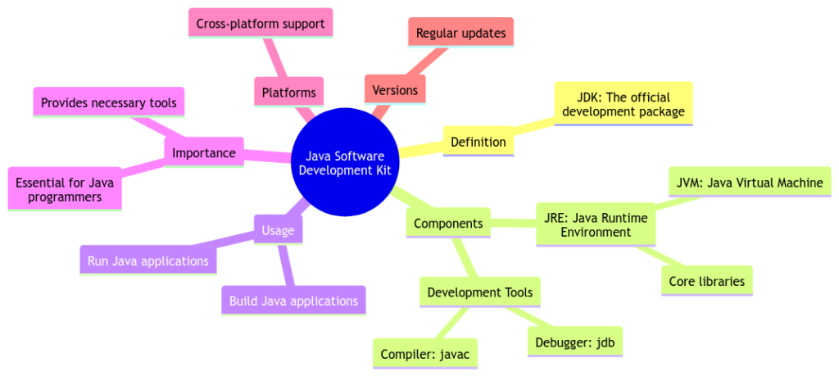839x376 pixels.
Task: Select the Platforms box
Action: click(x=288, y=93)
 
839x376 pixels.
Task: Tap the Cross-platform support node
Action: click(x=260, y=24)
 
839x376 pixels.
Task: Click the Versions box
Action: click(x=395, y=90)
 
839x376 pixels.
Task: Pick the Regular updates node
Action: click(x=460, y=34)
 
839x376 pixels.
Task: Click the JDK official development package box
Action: click(x=624, y=103)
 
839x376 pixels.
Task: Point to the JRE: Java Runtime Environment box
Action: click(x=596, y=224)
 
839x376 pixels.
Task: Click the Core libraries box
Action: click(x=706, y=281)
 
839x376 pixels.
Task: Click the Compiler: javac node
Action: click(x=424, y=355)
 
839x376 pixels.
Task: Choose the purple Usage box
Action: click(x=278, y=231)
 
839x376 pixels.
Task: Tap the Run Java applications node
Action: click(x=148, y=261)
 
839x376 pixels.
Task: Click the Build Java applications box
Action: click(x=293, y=301)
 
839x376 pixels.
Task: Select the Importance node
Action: click(x=203, y=152)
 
